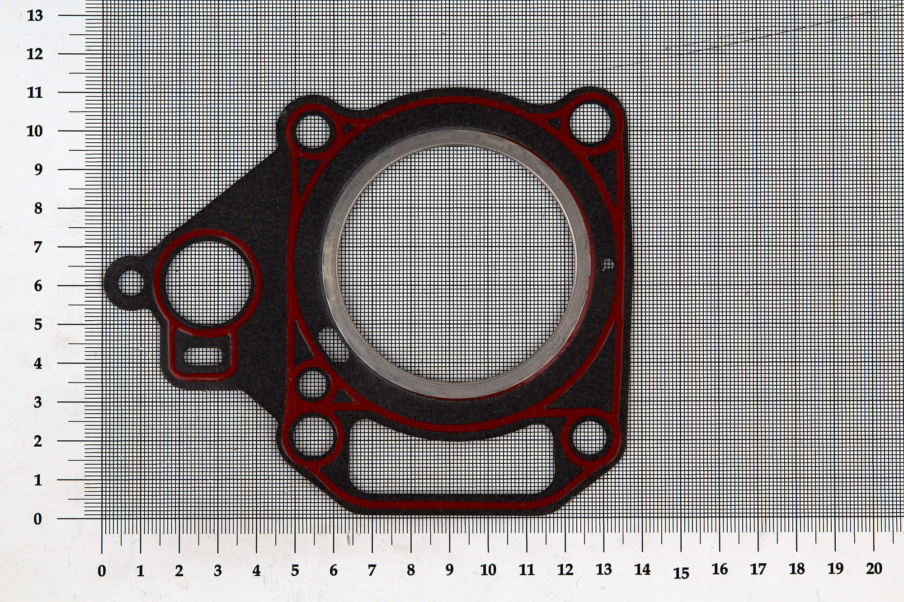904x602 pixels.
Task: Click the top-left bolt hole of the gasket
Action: (313, 131)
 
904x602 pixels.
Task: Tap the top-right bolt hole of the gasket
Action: (589, 122)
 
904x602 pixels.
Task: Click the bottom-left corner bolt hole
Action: (315, 436)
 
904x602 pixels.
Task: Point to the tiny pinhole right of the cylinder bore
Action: (608, 265)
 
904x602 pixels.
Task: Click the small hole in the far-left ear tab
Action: (131, 283)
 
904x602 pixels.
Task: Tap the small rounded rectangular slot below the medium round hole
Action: (203, 357)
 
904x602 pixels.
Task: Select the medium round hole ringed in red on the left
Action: (207, 283)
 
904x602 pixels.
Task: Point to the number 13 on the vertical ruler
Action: (35, 16)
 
